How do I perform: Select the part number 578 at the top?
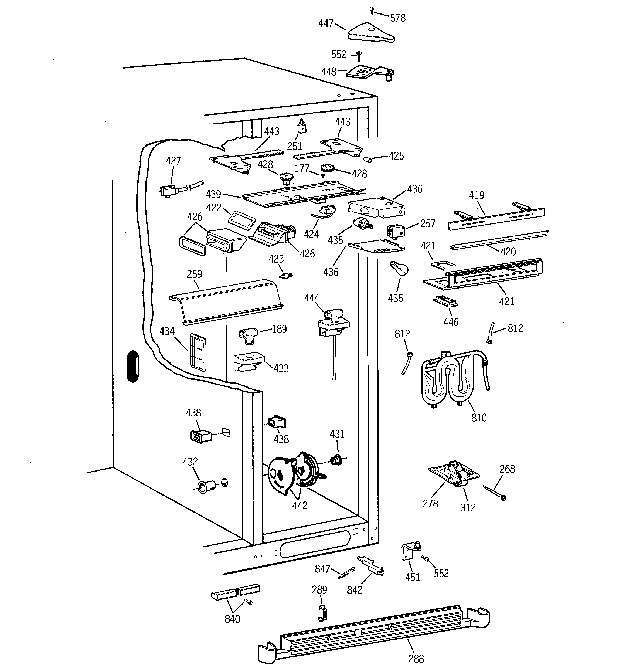click(398, 18)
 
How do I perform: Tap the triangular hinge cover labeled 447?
click(370, 33)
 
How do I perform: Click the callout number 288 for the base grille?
click(416, 658)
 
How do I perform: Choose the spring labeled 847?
click(347, 572)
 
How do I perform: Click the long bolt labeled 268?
click(494, 493)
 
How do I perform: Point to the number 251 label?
click(294, 146)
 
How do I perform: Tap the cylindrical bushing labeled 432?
click(205, 486)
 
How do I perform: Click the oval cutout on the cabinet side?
click(133, 366)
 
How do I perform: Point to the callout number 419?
click(477, 195)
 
